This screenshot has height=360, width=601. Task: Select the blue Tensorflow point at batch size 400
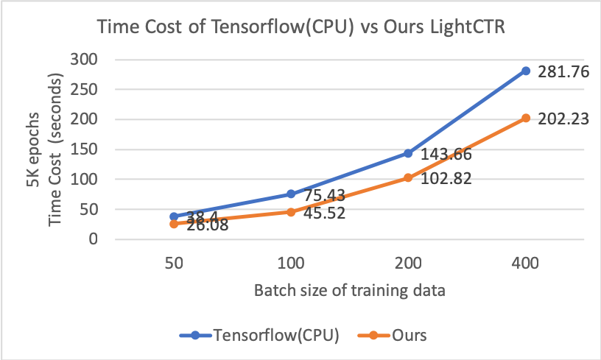point(526,71)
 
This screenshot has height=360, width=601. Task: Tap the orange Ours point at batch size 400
point(526,118)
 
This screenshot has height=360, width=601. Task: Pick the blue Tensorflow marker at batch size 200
point(408,153)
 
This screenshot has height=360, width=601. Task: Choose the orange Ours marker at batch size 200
point(408,177)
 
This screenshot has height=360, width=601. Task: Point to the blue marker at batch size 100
point(291,194)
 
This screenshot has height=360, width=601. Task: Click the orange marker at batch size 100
point(291,212)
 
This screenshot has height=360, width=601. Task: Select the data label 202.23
point(563,119)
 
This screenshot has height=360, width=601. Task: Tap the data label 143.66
point(446,155)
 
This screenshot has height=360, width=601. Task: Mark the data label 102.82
point(446,179)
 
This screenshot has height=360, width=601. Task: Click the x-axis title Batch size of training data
point(349,289)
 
